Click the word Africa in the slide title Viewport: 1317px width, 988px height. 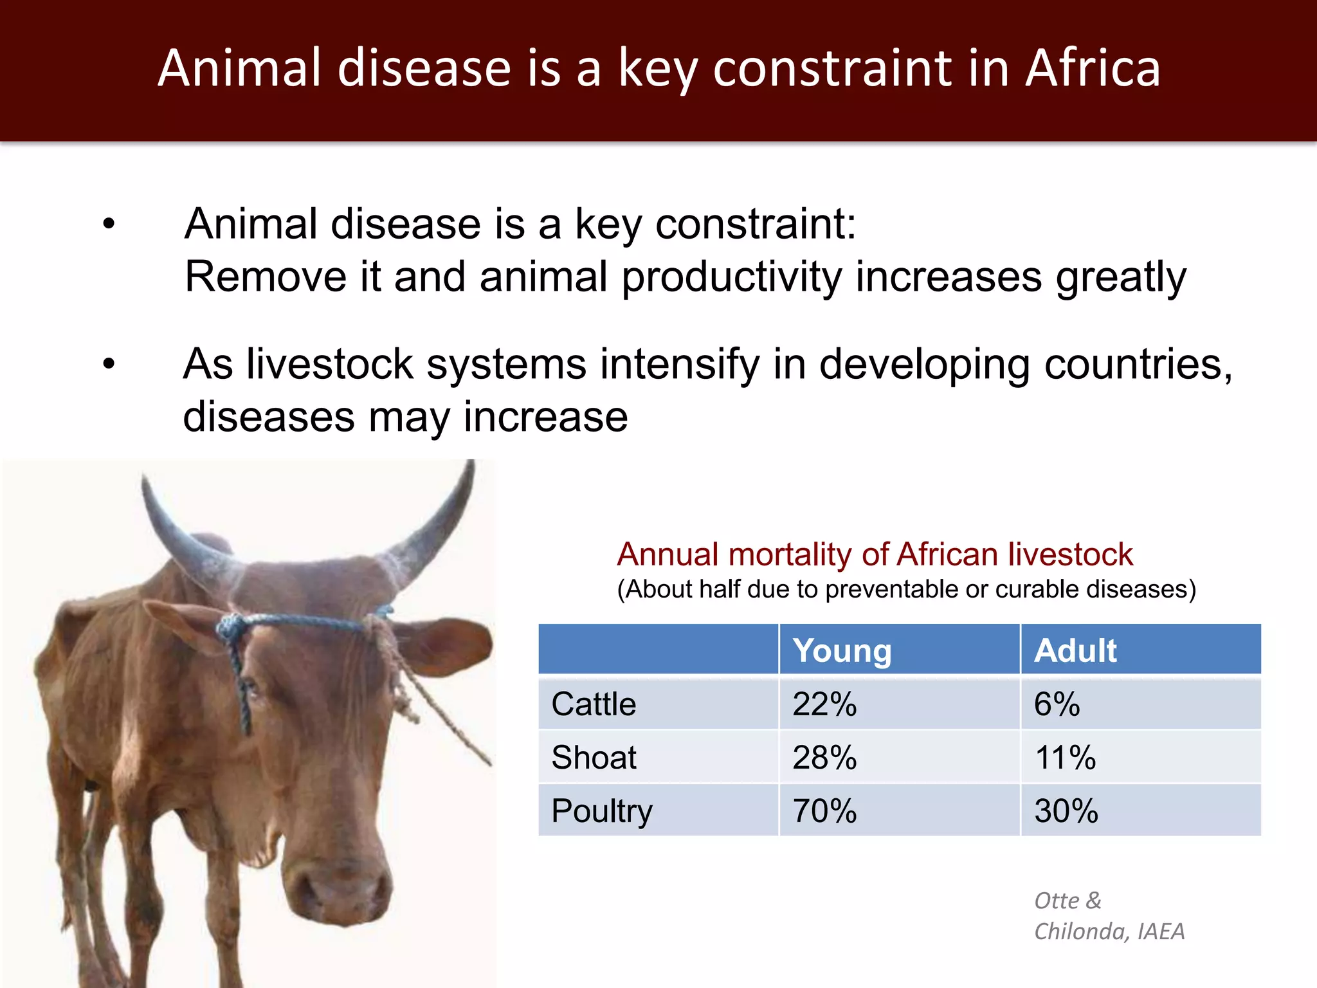point(1093,68)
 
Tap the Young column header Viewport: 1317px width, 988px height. point(842,650)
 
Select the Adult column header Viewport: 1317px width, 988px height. point(1075,650)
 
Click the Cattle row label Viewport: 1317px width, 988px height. point(594,704)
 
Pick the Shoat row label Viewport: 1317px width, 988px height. point(594,757)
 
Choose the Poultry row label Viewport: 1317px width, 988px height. point(602,810)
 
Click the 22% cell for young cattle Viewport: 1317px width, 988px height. point(824,704)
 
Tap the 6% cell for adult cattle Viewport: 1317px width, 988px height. point(1057,704)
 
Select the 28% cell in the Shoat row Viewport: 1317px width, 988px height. point(824,757)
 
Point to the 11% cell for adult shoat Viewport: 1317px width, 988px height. point(1065,757)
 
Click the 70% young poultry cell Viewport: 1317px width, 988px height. point(824,810)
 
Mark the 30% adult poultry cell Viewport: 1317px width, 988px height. point(1066,810)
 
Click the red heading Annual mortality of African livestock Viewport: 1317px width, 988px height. point(875,554)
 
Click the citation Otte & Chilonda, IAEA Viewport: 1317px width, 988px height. point(1109,916)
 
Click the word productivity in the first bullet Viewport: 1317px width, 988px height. point(731,277)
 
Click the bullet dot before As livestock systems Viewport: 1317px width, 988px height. point(109,364)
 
